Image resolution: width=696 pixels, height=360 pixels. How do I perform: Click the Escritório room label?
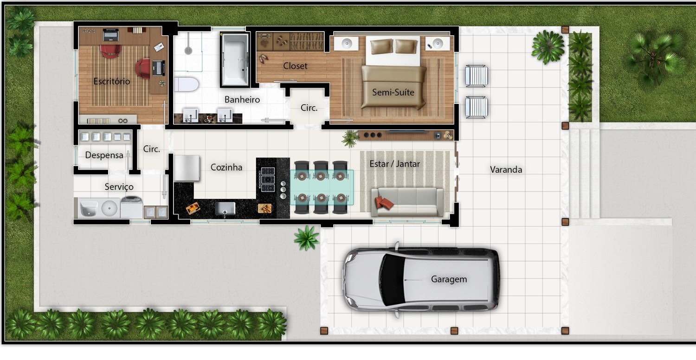[x=112, y=81]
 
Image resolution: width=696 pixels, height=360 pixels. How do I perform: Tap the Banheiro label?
[x=242, y=99]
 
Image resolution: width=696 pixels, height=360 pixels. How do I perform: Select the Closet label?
[x=295, y=66]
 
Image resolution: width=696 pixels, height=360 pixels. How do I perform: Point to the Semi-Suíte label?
[x=393, y=92]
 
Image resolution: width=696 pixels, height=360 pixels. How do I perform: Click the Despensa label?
[x=104, y=155]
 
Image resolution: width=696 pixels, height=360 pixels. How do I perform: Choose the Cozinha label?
[x=226, y=167]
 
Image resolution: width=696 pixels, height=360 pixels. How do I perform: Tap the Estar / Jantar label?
[x=394, y=164]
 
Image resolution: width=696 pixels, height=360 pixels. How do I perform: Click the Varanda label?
[x=506, y=170]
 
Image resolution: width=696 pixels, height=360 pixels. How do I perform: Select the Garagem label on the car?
[x=449, y=279]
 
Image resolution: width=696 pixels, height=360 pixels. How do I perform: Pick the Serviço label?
[x=119, y=186]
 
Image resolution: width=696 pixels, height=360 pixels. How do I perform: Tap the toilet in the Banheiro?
[x=186, y=84]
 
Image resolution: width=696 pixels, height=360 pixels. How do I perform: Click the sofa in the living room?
[x=407, y=202]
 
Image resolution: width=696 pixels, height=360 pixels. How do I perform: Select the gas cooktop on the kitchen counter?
[x=268, y=179]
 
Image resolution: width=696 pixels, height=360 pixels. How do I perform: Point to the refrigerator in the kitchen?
[x=187, y=168]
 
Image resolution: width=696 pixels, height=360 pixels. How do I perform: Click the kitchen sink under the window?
[x=225, y=208]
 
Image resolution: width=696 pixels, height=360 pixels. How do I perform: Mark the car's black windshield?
[x=393, y=280]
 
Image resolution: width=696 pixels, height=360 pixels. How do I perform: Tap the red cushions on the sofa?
[x=384, y=203]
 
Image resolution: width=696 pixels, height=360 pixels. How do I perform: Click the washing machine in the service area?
[x=131, y=206]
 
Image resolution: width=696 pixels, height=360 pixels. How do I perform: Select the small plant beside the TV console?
[x=350, y=139]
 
